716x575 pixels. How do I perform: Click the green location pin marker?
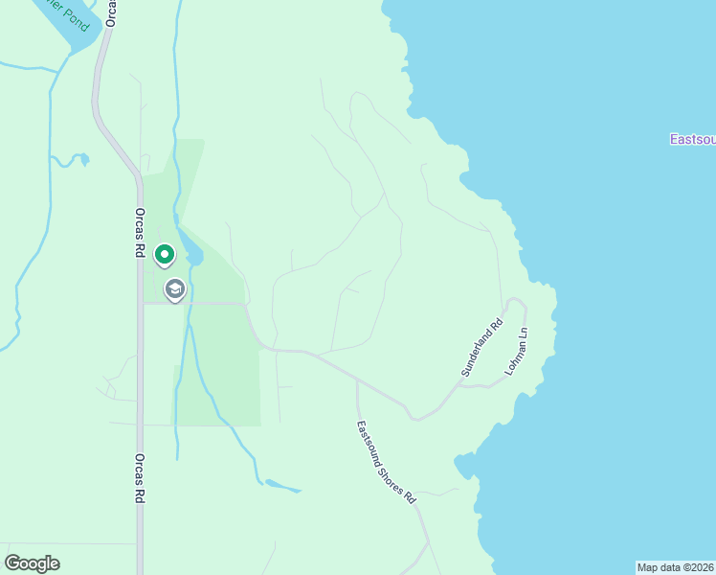coord(165,254)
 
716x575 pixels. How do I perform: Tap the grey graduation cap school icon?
coord(174,288)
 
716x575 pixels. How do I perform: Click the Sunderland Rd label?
coord(481,347)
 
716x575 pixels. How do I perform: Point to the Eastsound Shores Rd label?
coord(388,463)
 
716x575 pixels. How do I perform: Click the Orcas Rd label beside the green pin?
coord(140,234)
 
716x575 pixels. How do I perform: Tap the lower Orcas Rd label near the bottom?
coord(140,479)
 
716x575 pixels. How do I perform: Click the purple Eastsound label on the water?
coord(691,140)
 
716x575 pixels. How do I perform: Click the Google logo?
coord(32,563)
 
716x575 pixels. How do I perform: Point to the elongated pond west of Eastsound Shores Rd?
coord(282,486)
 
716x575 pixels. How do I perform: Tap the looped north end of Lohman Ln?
coord(517,302)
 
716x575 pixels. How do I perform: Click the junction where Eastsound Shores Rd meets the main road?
coord(357,379)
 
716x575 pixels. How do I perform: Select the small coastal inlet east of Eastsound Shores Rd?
coord(464,467)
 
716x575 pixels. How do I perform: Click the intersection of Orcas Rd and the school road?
coord(141,303)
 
